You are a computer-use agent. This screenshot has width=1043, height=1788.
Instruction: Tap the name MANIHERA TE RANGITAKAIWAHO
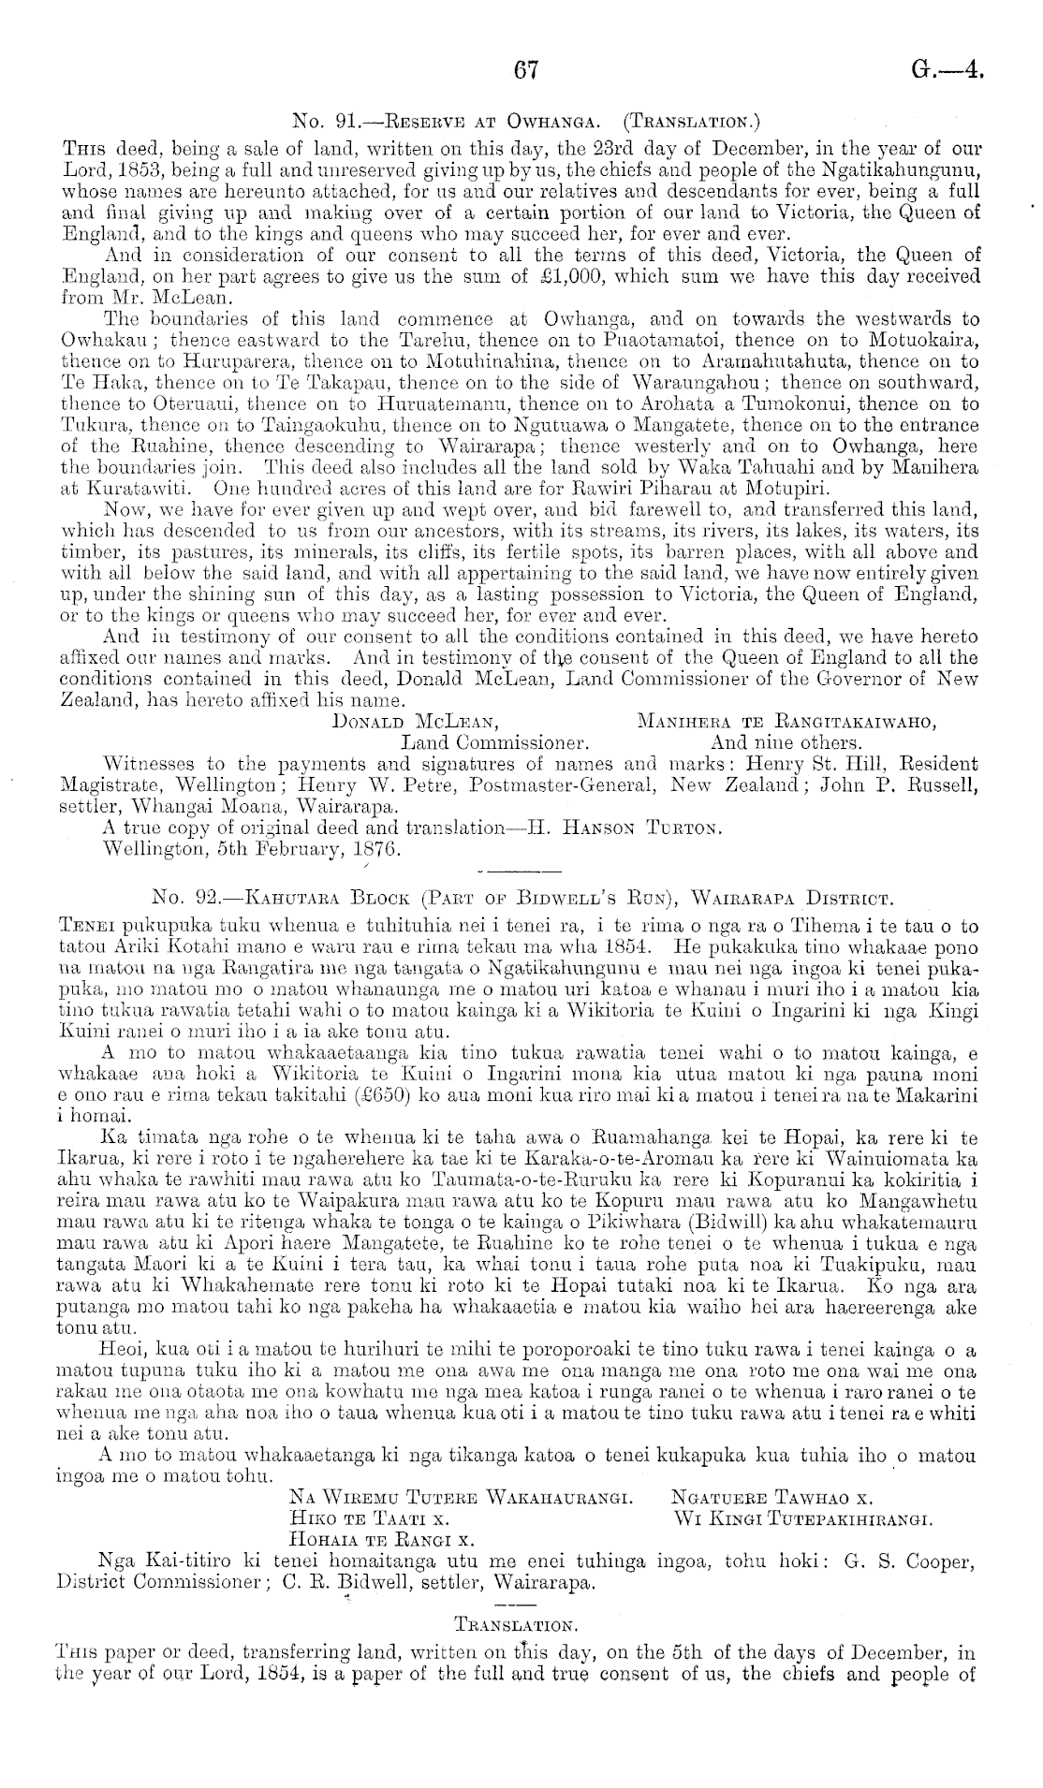click(787, 722)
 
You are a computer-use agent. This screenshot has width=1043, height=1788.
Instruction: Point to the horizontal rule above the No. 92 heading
click(519, 872)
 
